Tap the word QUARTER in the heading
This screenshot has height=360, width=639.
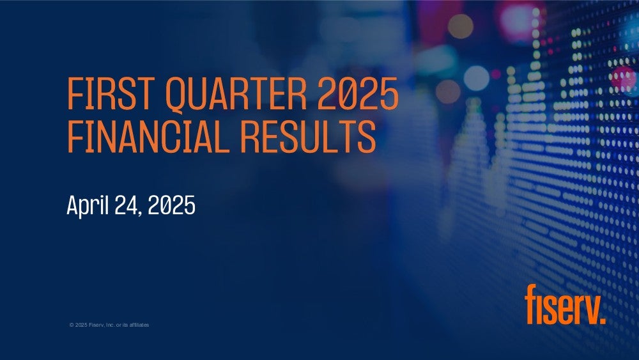tap(236, 95)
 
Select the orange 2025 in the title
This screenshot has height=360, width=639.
tap(358, 93)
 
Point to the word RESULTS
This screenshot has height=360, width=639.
tap(308, 137)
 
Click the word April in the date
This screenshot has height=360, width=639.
tap(88, 206)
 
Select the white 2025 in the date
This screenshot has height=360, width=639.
tap(171, 205)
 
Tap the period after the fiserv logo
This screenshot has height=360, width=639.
tap(603, 320)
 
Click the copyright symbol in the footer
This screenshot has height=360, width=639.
tap(72, 325)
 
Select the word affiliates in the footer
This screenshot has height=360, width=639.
tap(139, 325)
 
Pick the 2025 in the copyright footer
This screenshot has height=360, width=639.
tap(81, 325)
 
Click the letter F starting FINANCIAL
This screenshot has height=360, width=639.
tap(75, 137)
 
